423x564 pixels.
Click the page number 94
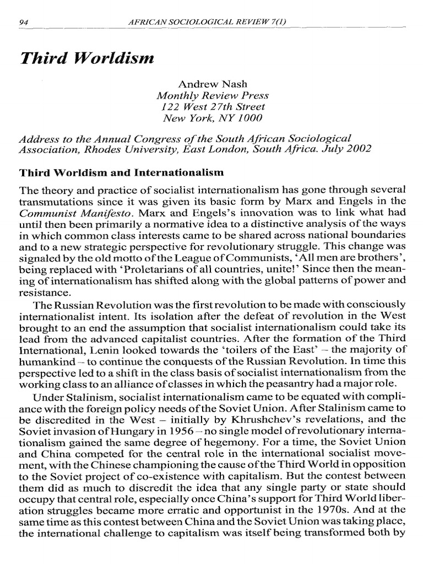[x=23, y=21]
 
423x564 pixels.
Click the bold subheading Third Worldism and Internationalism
[x=122, y=172]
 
